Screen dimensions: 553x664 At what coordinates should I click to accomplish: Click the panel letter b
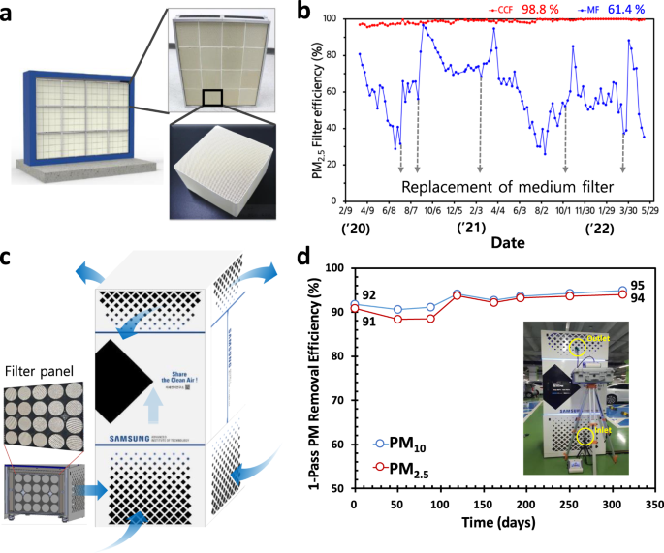(304, 13)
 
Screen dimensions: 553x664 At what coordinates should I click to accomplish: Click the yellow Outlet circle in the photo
(580, 348)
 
